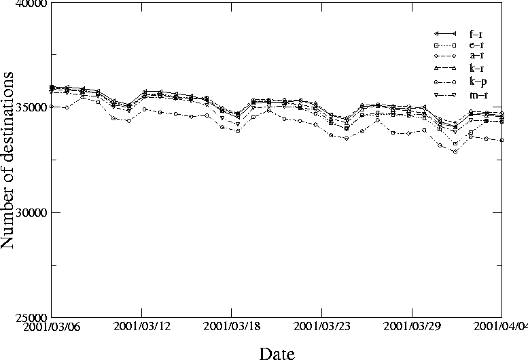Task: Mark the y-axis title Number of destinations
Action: point(9,163)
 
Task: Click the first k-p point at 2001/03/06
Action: point(52,107)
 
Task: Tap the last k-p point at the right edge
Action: point(501,140)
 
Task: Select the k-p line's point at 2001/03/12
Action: point(144,109)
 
